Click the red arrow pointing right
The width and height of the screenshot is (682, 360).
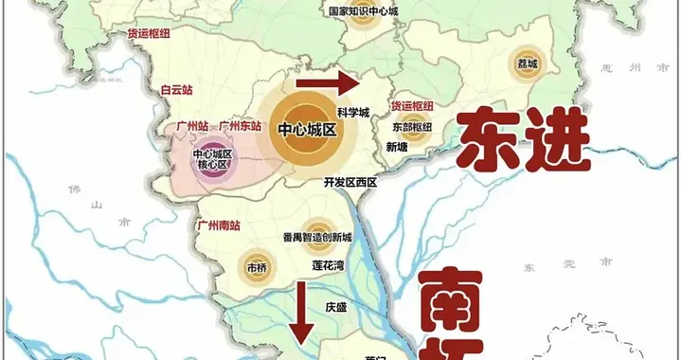pos(327,84)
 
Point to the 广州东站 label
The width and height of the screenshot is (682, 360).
pos(240,125)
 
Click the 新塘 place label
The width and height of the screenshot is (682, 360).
pos(398,147)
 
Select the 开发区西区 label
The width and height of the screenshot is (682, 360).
pos(350,180)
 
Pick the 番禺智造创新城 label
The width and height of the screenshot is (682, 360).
pos(316,237)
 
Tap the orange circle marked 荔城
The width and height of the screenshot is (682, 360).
pos(527,64)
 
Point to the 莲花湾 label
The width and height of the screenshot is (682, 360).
pos(328,267)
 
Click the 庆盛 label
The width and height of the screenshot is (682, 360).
pos(337,307)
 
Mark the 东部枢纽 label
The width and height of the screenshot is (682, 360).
pos(412,126)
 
